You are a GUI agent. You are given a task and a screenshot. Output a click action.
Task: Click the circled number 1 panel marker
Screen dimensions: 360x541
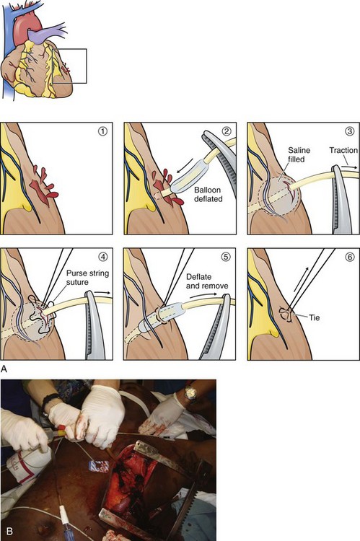[103, 131]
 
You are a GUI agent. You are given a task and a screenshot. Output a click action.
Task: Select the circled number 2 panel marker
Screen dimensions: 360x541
[226, 131]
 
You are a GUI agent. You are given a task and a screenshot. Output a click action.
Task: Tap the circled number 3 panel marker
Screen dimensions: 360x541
[350, 131]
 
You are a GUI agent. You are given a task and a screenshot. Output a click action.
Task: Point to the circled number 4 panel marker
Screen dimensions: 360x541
[103, 257]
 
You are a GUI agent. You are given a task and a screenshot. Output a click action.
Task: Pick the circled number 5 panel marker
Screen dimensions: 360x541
[226, 257]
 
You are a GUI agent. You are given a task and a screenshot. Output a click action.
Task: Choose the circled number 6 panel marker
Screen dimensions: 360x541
[350, 257]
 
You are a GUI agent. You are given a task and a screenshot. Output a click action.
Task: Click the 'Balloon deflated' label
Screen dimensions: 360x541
[208, 194]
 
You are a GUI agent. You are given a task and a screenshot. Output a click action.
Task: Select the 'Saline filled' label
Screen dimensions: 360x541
[299, 154]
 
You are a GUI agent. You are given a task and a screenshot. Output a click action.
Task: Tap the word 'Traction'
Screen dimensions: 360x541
[343, 150]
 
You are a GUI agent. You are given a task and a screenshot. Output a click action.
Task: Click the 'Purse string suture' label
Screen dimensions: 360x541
[87, 278]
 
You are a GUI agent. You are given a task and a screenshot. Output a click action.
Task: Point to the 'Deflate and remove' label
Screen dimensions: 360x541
[207, 281]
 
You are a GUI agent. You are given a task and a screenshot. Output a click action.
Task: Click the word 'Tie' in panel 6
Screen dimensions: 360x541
[314, 317]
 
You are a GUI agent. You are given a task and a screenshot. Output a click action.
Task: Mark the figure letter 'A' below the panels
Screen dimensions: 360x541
[4, 369]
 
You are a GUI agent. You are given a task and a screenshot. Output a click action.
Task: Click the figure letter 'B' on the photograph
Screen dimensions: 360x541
[9, 531]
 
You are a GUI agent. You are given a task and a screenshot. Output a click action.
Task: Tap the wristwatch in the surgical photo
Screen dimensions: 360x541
[190, 393]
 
